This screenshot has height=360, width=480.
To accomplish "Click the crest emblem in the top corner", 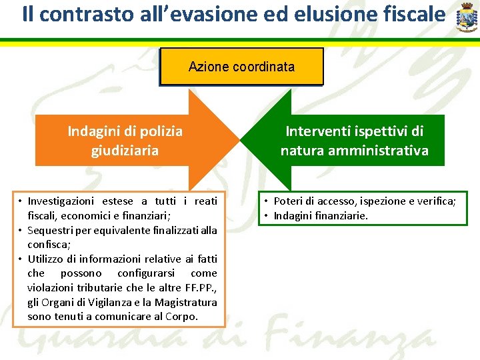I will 466,17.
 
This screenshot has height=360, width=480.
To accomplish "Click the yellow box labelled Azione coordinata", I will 241,67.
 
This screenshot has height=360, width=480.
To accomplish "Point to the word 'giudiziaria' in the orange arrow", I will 125,150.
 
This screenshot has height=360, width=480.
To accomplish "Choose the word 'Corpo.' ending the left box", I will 182,316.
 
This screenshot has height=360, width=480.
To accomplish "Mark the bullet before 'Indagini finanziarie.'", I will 266,215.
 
